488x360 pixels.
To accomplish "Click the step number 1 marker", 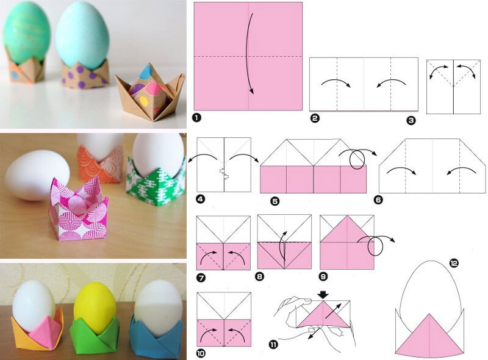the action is coord(196,117).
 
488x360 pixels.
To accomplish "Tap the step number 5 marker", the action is coord(275,201).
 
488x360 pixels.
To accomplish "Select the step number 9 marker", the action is coord(324,276).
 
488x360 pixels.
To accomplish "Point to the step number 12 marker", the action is coord(454,264).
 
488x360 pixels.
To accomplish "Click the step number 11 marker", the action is coord(273,345).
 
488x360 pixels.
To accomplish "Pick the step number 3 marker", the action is coord(411,120).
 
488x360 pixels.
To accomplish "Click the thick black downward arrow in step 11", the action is coord(323,295).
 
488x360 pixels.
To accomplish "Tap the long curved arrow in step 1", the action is coord(248,53).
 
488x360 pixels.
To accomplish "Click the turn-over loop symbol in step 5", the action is coord(357,159).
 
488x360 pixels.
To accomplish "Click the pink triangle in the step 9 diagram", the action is coord(347,229).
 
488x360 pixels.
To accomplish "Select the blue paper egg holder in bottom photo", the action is coord(155,339).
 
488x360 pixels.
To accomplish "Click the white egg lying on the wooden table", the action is coord(37,175).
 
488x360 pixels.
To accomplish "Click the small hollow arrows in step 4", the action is coord(224,173).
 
